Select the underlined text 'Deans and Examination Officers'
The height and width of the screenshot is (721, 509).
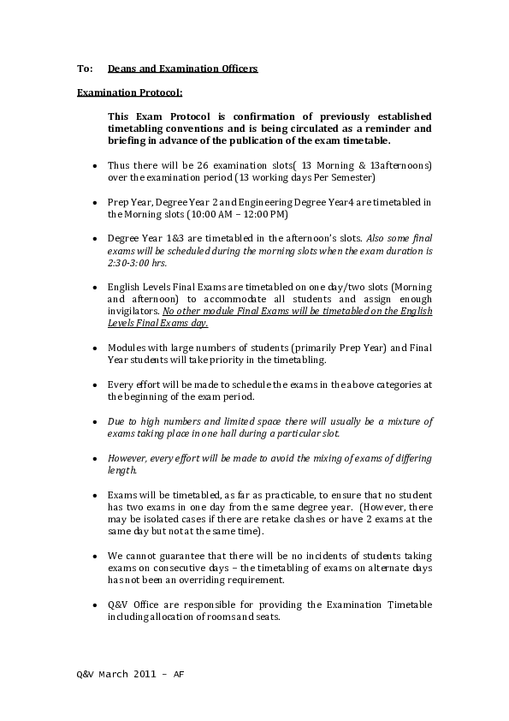[182, 68]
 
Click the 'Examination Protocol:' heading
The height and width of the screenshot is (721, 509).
[129, 92]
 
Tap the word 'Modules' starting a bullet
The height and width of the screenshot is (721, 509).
[126, 349]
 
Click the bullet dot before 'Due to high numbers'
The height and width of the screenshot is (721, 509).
[93, 422]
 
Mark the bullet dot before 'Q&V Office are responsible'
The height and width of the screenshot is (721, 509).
[93, 605]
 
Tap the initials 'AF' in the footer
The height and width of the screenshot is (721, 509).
[179, 674]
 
